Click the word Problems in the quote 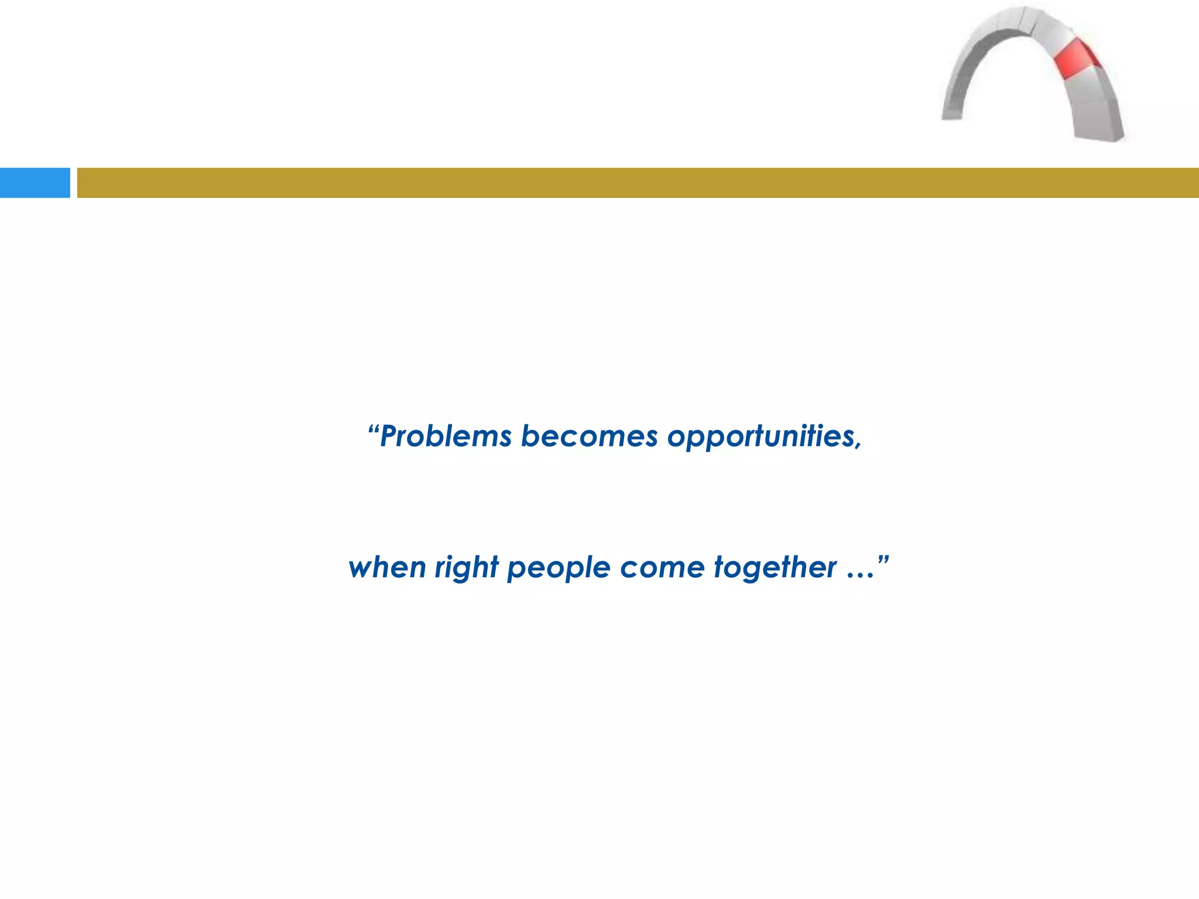tap(446, 437)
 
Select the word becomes tap(589, 437)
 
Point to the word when tap(386, 568)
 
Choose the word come tap(662, 568)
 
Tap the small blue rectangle tap(35, 183)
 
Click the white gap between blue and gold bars tap(74, 183)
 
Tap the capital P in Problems tap(389, 437)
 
